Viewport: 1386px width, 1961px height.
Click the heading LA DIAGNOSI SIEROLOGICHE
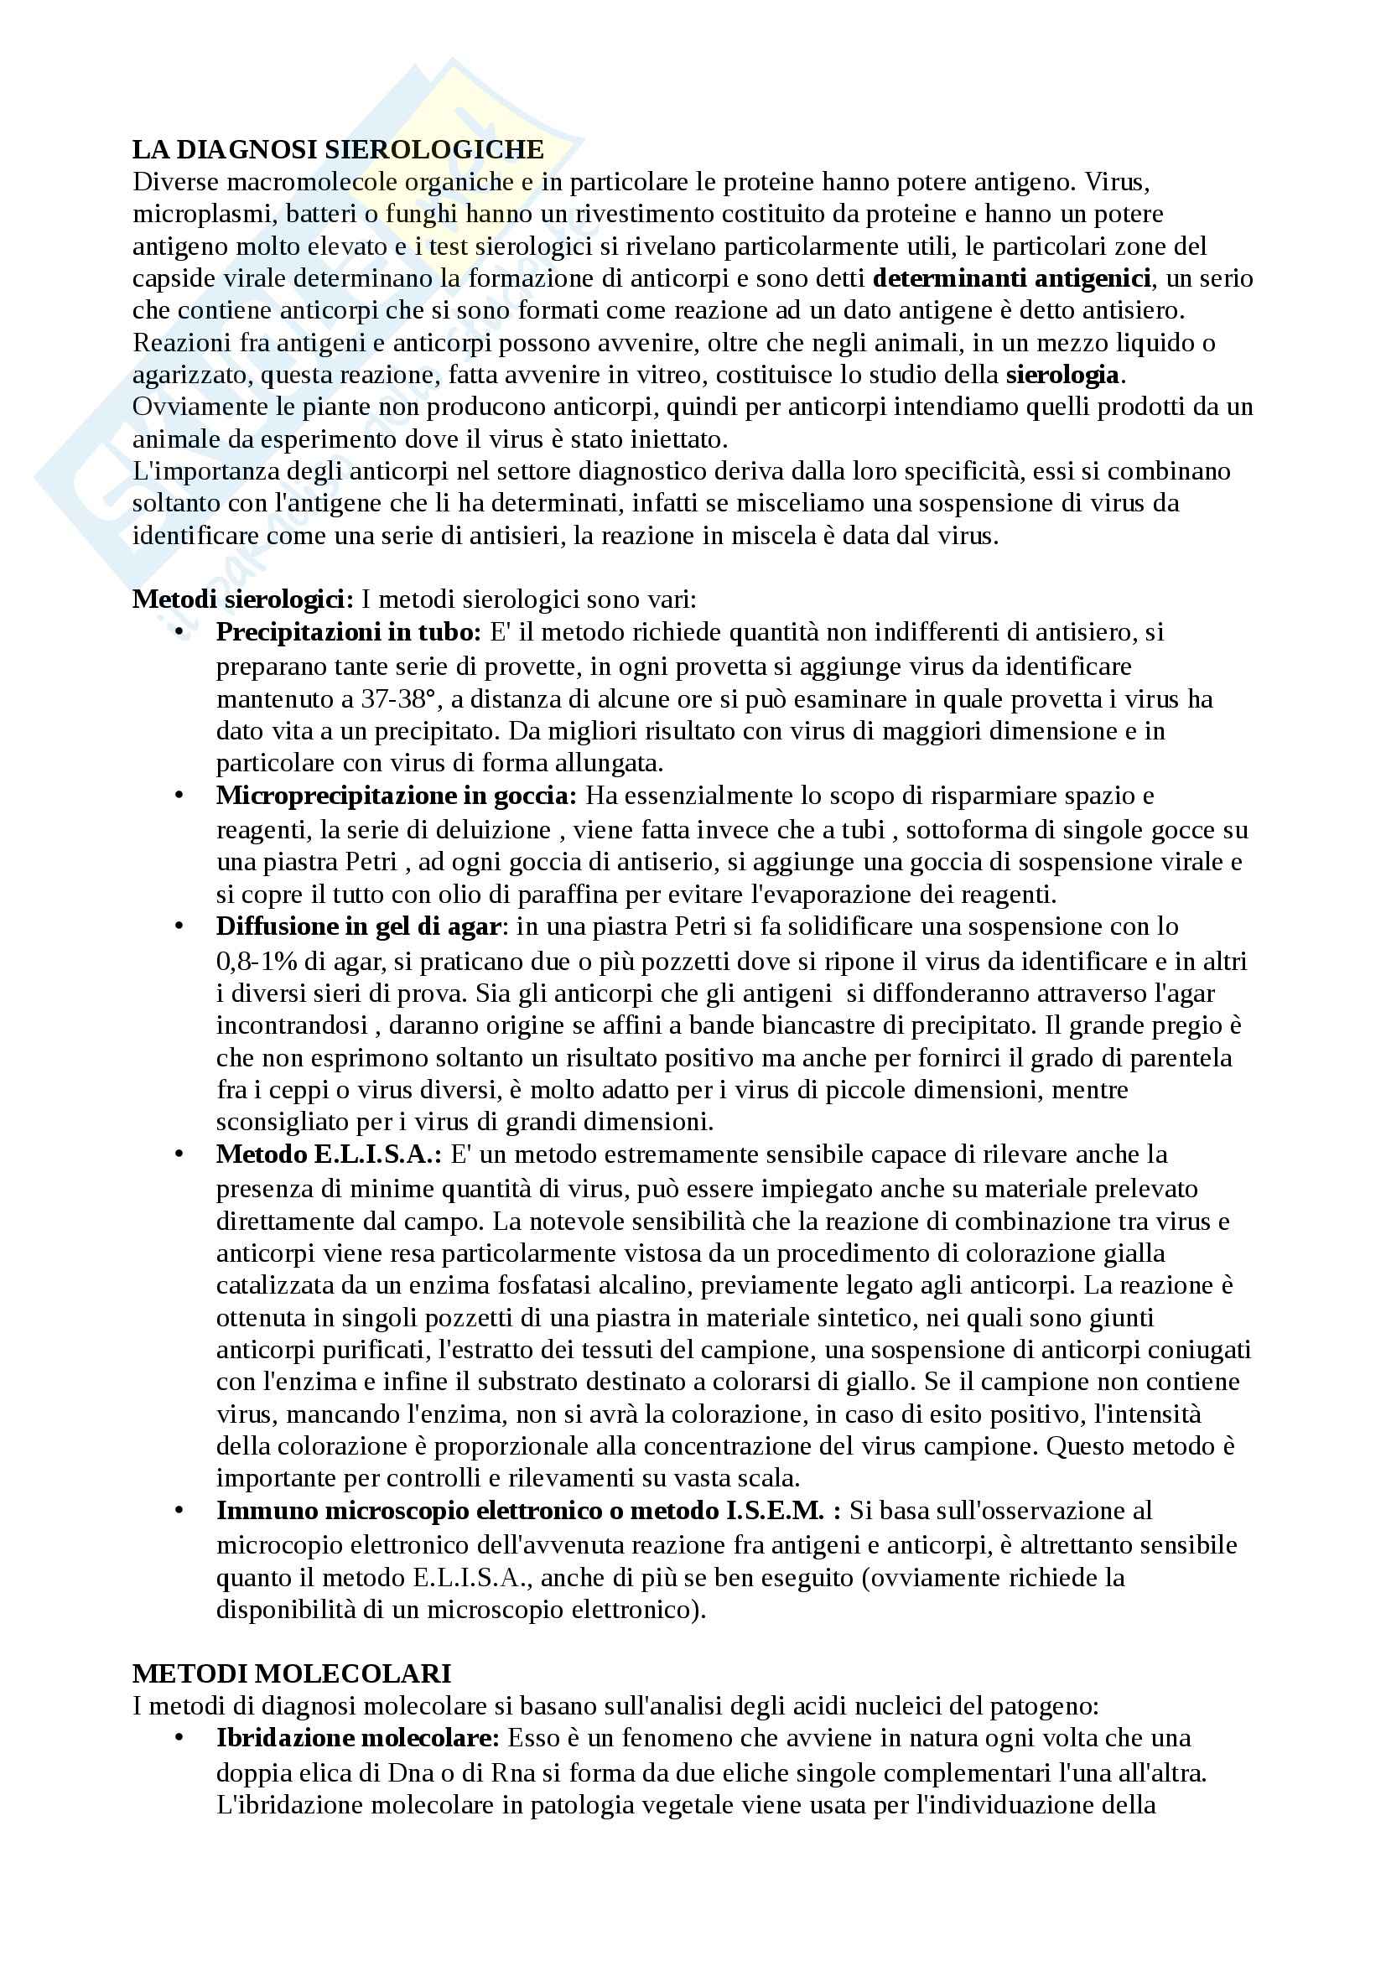pyautogui.click(x=338, y=149)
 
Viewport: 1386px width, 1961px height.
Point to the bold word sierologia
pyautogui.click(x=1062, y=374)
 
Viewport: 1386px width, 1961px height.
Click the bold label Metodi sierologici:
pyautogui.click(x=242, y=599)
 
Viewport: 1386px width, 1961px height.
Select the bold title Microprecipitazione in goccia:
pyautogui.click(x=397, y=795)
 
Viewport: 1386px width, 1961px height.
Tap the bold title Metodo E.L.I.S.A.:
pyautogui.click(x=329, y=1154)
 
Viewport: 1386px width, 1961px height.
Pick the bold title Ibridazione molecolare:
pyautogui.click(x=358, y=1737)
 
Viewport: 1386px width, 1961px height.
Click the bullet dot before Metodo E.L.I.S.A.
pyautogui.click(x=179, y=1154)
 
